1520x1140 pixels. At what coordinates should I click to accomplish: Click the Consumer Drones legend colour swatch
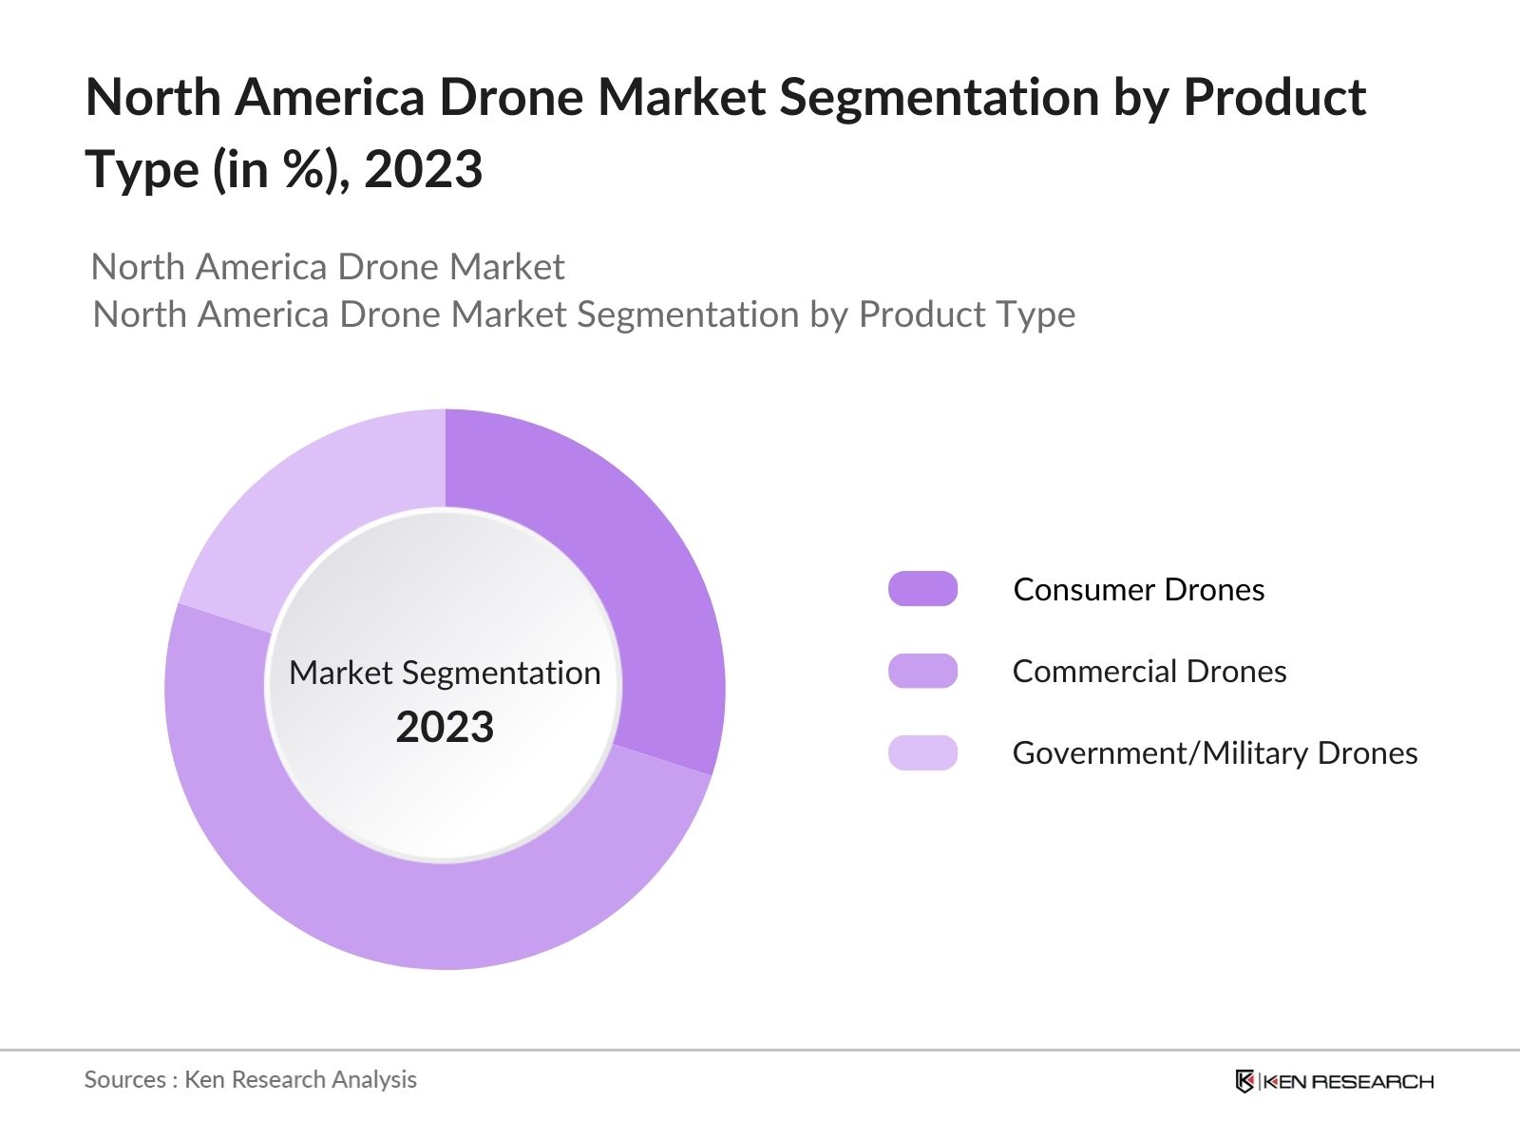click(x=922, y=589)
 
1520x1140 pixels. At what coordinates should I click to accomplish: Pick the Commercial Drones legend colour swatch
click(x=922, y=671)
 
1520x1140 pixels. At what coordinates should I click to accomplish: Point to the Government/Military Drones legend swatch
click(x=922, y=752)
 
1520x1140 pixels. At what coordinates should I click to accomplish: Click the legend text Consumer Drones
click(x=1138, y=590)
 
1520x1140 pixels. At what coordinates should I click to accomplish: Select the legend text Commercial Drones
click(x=1149, y=672)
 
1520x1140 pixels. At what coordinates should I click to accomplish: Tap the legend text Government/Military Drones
click(x=1214, y=753)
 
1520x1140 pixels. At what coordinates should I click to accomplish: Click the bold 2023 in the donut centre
click(x=445, y=728)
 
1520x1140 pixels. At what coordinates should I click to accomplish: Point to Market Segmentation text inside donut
click(x=445, y=673)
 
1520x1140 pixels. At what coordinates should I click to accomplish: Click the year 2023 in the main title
click(x=423, y=170)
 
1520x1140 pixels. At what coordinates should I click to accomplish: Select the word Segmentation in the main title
click(x=939, y=98)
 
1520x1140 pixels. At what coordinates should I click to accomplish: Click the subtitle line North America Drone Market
click(x=328, y=267)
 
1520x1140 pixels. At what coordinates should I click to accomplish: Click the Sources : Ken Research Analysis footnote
click(x=250, y=1080)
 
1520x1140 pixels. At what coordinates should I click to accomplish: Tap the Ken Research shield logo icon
click(x=1244, y=1081)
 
